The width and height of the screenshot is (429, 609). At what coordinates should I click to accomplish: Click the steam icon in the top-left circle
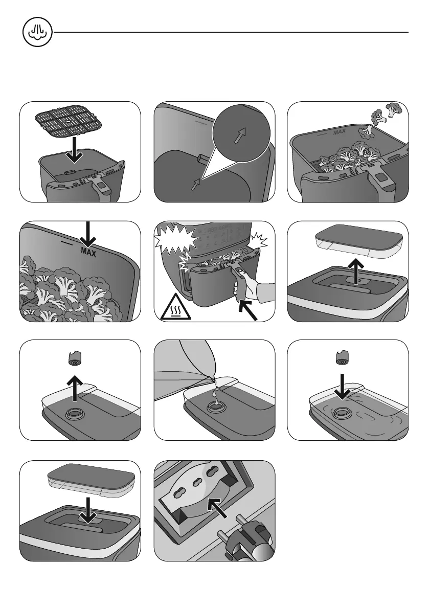[34, 32]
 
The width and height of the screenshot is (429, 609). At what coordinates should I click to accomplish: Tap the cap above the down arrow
[342, 358]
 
